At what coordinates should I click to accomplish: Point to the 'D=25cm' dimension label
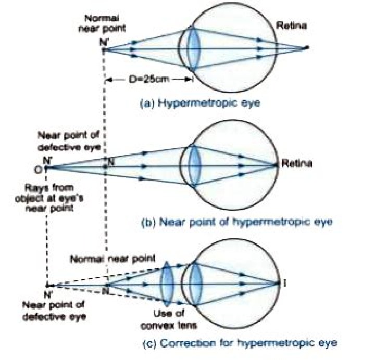click(x=148, y=80)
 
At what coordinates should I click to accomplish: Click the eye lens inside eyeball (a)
click(x=194, y=49)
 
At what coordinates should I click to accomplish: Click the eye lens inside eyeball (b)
click(x=193, y=166)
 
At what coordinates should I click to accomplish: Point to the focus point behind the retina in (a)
click(x=307, y=48)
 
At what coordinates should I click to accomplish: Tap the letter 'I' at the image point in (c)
click(x=285, y=283)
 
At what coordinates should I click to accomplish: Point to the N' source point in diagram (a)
click(x=105, y=49)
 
